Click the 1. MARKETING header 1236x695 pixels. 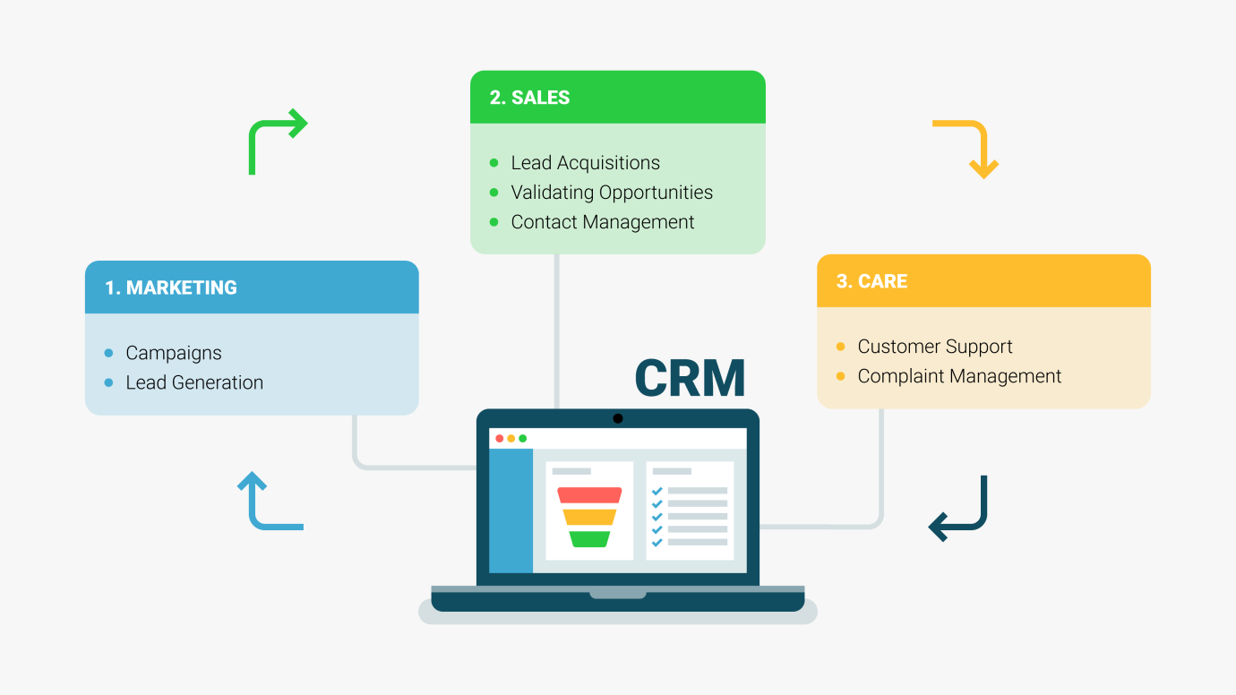171,287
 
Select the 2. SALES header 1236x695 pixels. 529,98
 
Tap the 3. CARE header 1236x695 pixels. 871,281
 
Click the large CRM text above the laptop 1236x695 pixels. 690,378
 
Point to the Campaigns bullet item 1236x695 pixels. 173,353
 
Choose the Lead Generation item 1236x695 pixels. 194,382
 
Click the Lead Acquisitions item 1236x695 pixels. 585,163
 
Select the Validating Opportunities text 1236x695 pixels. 612,193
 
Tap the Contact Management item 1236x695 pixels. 602,222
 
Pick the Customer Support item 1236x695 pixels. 934,347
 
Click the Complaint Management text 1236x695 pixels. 959,376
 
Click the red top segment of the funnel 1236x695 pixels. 589,495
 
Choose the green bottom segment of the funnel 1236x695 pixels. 589,539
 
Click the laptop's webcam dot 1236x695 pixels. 618,418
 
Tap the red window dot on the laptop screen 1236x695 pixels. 500,438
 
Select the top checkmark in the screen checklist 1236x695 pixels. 657,491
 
